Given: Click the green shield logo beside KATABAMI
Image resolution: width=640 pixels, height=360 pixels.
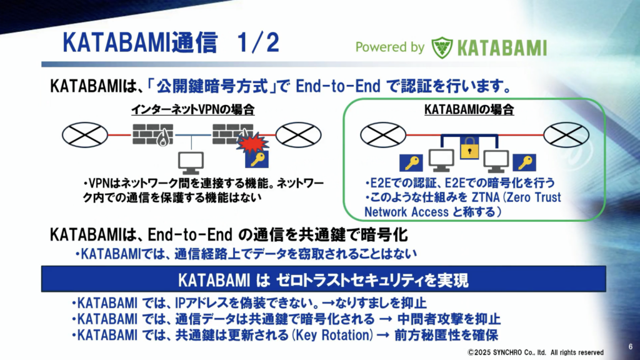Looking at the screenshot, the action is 442,47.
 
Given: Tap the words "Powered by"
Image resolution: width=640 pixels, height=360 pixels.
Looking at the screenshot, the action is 390,47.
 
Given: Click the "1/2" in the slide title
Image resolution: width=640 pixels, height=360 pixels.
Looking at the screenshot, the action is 258,42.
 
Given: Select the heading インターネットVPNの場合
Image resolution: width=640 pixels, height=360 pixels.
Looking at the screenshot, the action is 192,109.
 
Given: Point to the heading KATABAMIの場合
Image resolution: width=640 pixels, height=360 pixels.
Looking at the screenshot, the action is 469,109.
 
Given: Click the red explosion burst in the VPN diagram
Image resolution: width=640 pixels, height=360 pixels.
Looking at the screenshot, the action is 253,142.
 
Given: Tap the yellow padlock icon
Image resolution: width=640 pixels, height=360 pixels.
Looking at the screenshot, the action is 469,147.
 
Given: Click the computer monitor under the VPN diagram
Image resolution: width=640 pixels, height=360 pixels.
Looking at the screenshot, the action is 191,163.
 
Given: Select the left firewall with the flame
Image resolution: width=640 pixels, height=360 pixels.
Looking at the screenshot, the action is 152,135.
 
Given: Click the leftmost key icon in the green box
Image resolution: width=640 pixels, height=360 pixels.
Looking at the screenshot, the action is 411,162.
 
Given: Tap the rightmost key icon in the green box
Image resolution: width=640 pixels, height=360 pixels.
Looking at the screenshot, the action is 524,162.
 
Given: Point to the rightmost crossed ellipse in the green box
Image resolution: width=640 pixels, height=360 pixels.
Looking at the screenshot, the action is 566,135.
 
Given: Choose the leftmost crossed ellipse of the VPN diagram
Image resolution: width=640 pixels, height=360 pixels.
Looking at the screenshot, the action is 85,135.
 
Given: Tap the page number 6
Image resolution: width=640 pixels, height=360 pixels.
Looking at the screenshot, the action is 631,346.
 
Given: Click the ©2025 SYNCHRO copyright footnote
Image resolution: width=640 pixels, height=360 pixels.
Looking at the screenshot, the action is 536,352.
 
